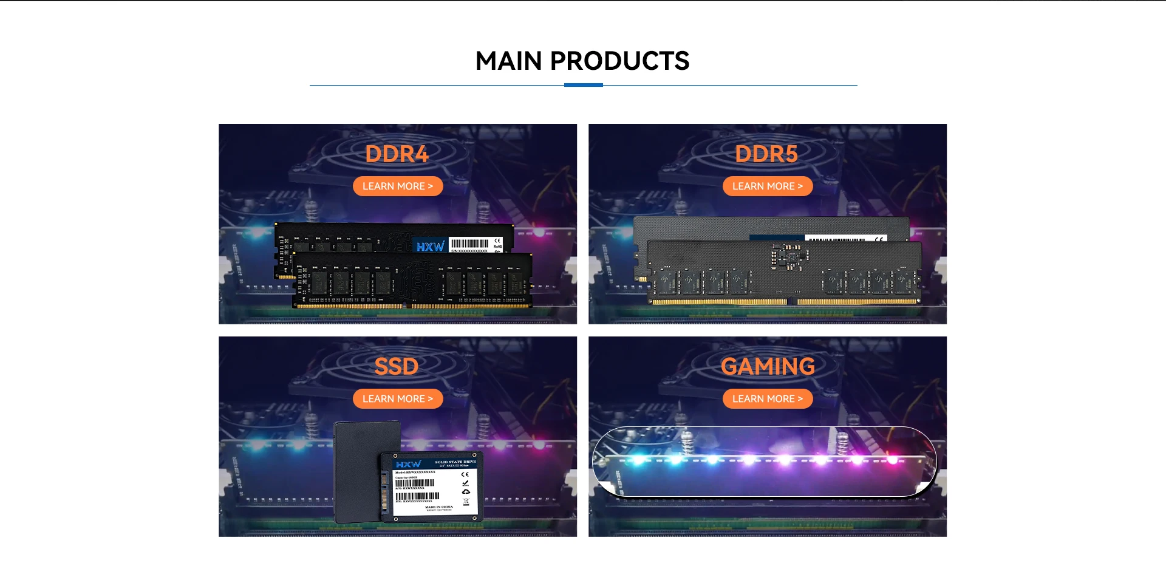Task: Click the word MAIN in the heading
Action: pos(508,61)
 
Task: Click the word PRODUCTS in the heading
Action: pos(619,61)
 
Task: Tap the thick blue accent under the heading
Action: pos(583,85)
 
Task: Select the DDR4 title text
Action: pos(397,154)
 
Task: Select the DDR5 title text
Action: pos(766,154)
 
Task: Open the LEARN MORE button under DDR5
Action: pos(767,186)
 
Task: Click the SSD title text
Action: pos(397,367)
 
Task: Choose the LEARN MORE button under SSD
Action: pos(398,399)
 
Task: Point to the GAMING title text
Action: pos(768,367)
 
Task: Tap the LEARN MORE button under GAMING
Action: pos(767,399)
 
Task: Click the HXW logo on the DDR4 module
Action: pos(430,247)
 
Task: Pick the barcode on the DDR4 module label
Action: pos(469,244)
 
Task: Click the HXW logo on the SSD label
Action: pos(408,465)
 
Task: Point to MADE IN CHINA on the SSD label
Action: pos(438,507)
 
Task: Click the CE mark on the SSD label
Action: pos(465,474)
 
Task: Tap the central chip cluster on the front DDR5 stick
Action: pos(788,258)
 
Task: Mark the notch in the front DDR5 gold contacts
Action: pos(792,302)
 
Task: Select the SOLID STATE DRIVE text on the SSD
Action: pos(455,462)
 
